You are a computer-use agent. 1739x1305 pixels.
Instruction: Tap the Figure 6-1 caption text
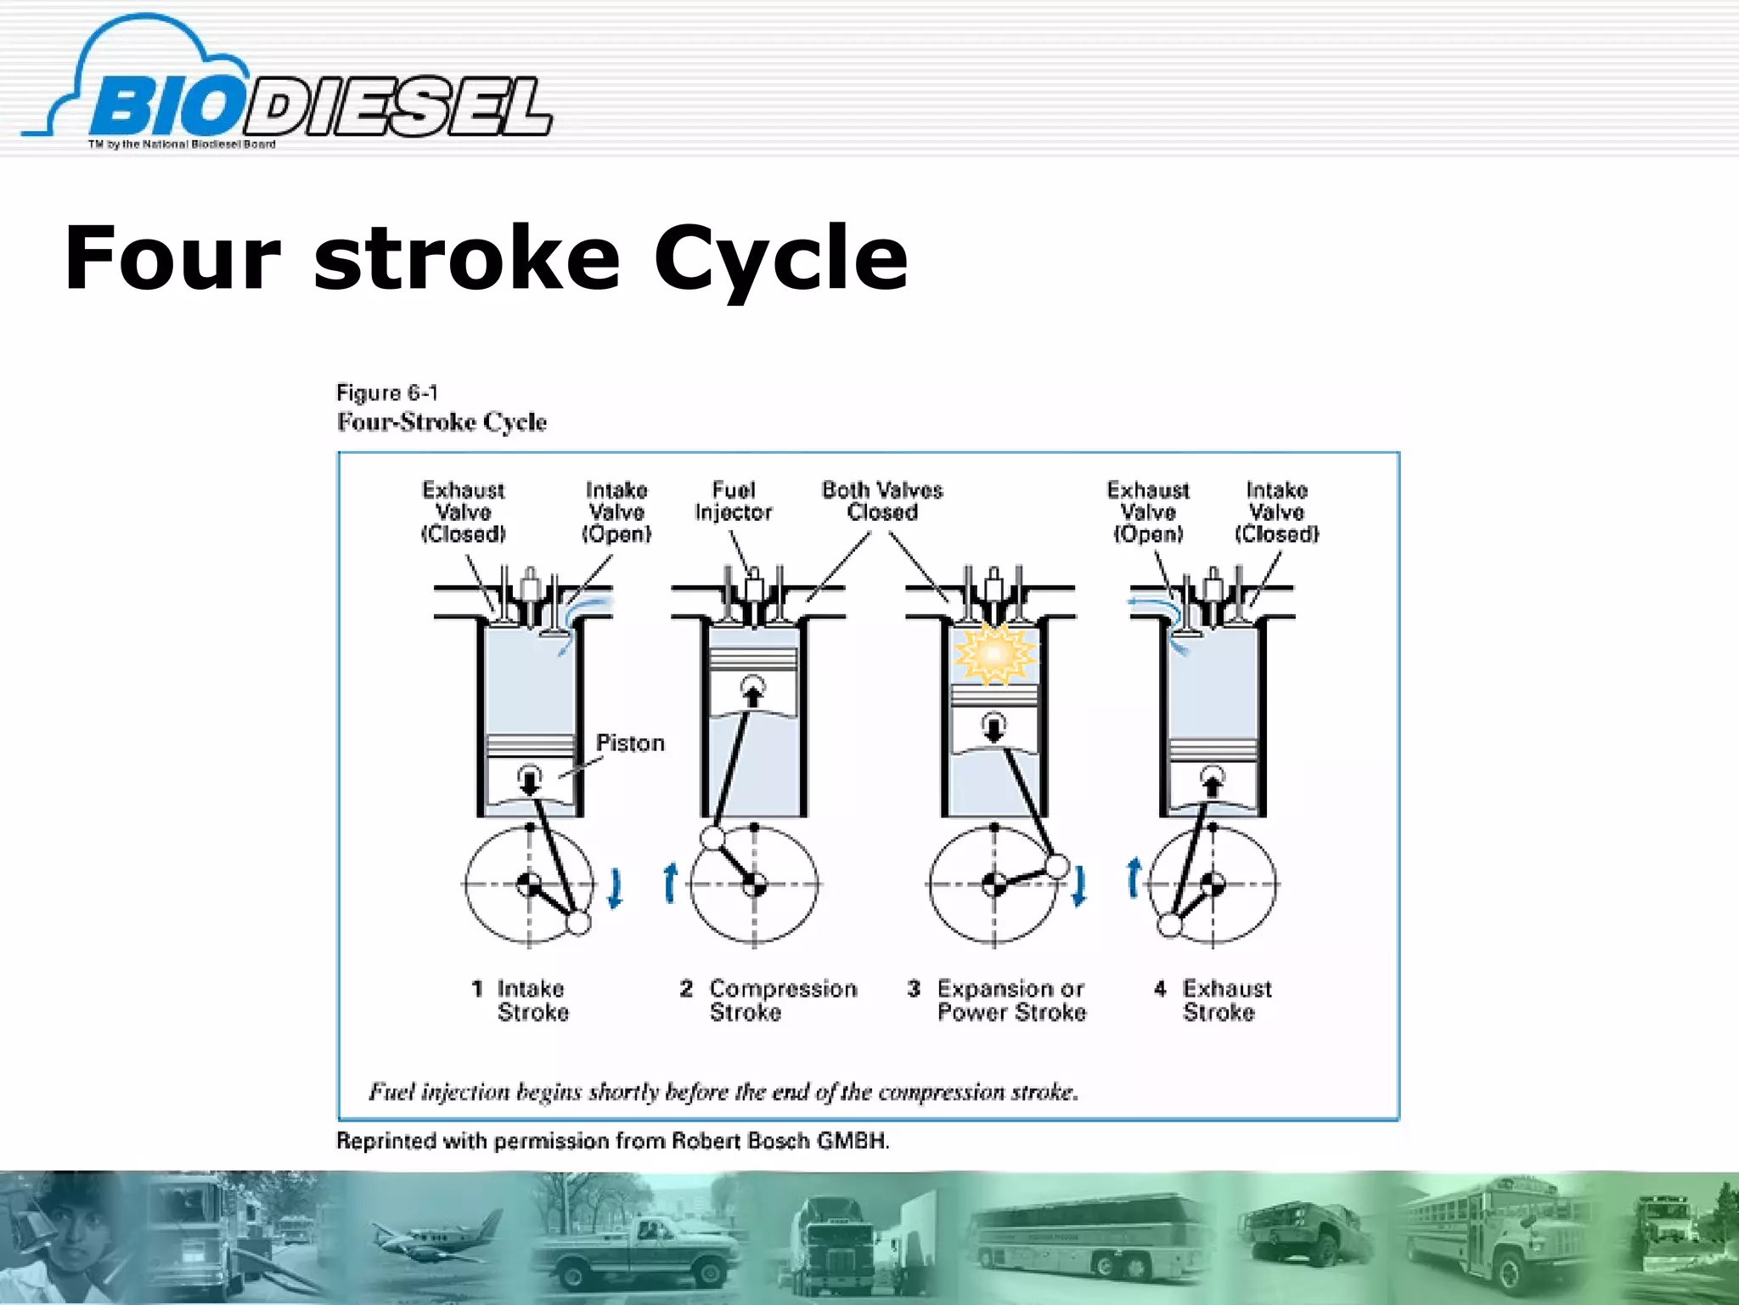coord(387,393)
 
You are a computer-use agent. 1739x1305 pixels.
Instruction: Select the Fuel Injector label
coord(733,501)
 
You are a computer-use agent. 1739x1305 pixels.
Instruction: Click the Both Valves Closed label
coord(882,501)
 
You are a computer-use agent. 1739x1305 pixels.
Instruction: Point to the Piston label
coord(629,743)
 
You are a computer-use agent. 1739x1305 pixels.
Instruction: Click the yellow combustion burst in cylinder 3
coord(994,653)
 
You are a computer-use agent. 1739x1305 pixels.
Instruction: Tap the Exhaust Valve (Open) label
coord(1148,511)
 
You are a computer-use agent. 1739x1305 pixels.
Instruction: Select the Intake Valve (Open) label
coord(616,511)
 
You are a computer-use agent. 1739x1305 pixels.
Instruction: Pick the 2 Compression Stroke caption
coord(768,1000)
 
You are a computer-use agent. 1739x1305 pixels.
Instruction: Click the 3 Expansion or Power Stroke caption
coord(998,1000)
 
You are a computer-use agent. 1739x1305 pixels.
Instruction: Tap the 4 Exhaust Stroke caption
coord(1214,1000)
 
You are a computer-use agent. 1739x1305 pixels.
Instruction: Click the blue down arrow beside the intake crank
coord(616,888)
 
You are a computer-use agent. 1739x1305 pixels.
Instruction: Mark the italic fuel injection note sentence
coord(723,1092)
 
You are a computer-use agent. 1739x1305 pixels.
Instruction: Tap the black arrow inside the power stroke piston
coord(994,728)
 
